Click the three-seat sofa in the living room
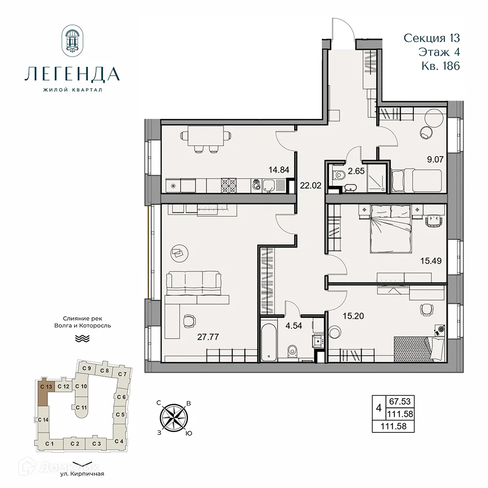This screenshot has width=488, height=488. (194, 283)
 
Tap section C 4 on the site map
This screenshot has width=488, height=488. (118, 441)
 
